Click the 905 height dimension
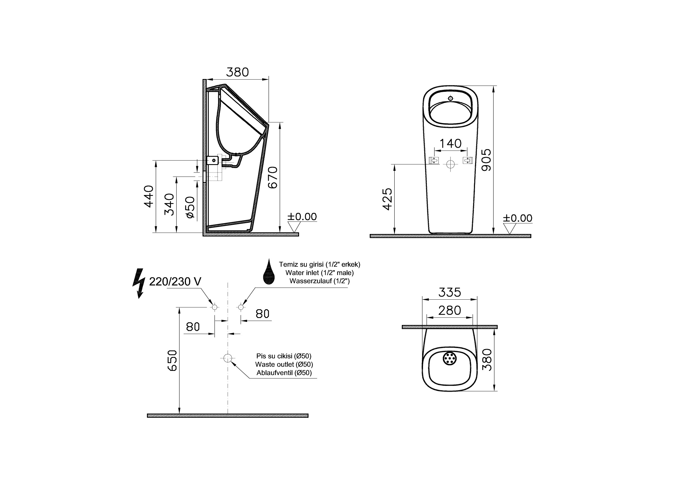coord(486,160)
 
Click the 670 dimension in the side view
coord(273,177)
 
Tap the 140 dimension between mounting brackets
coord(450,144)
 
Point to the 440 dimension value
coord(149,196)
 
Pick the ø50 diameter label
coord(190,207)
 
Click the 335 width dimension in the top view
coord(449,292)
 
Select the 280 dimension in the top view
coord(449,310)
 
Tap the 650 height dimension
coord(172,360)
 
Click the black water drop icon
coord(269,272)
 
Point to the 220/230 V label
coord(175,282)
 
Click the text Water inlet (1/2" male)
coord(319,273)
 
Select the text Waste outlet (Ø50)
coord(284,364)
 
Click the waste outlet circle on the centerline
coord(228,358)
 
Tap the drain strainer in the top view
coord(449,358)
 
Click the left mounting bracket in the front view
coord(434,161)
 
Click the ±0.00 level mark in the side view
coord(302,217)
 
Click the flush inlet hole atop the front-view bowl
coord(450,98)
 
